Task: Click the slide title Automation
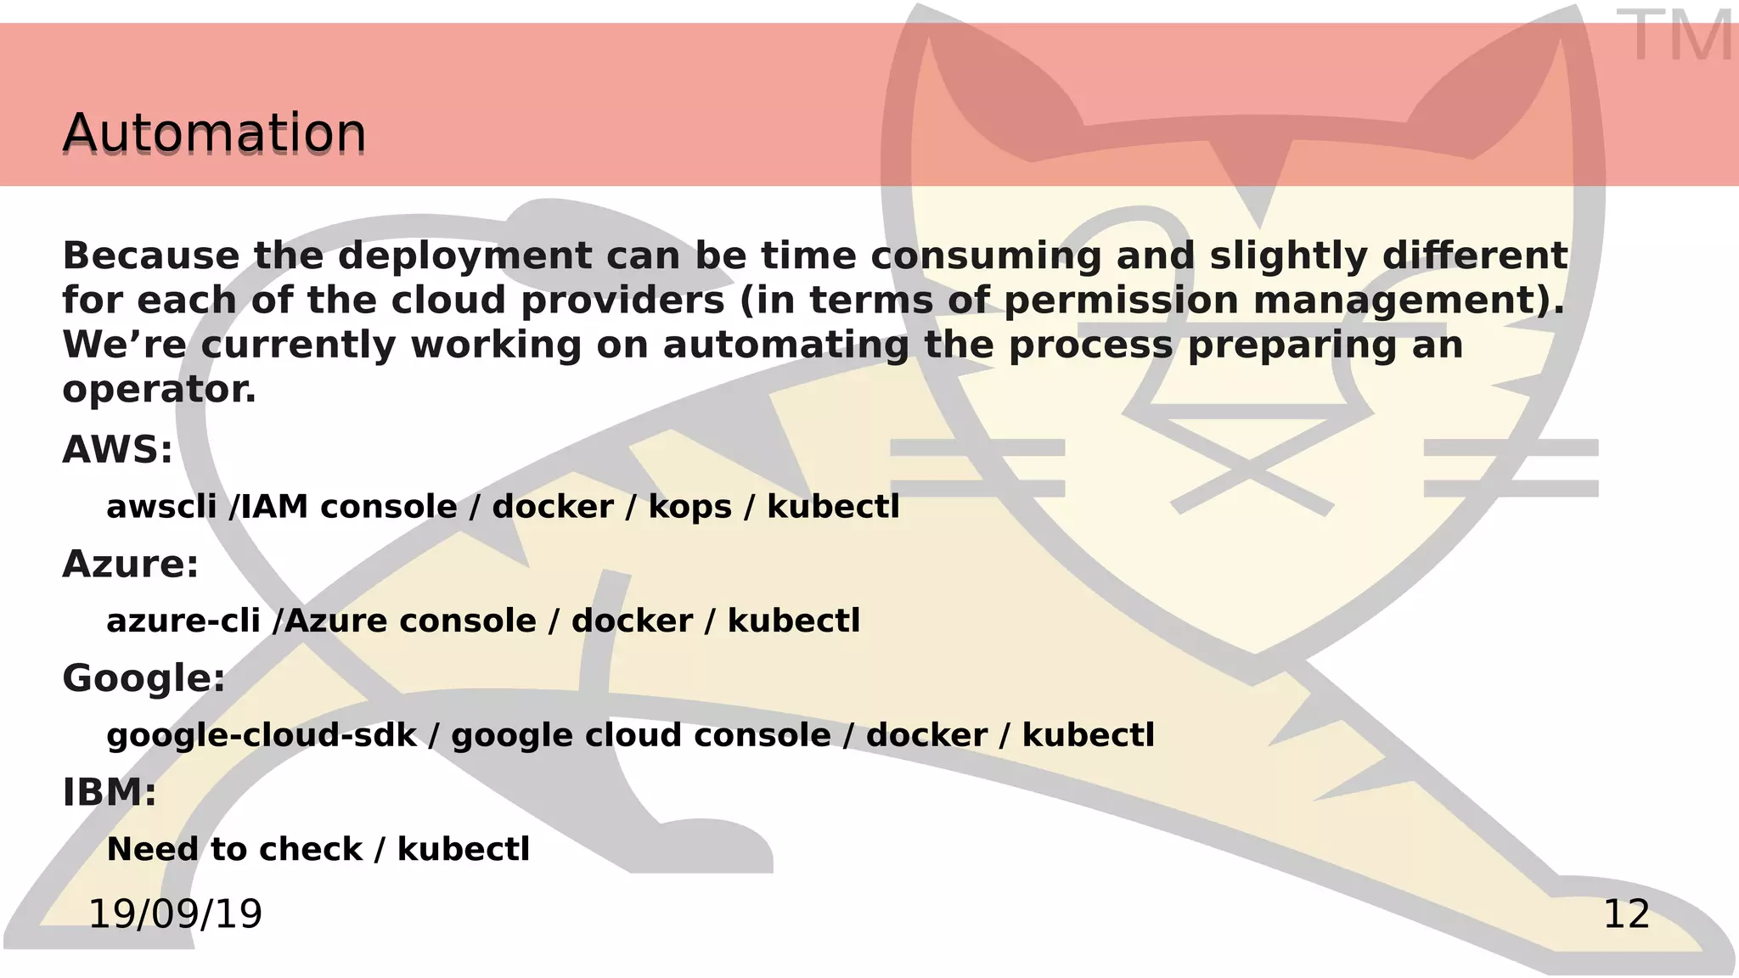tap(214, 133)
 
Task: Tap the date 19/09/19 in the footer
tap(175, 914)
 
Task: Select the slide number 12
tap(1626, 914)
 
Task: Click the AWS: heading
tap(117, 450)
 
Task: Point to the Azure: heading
tap(130, 564)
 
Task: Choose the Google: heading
tap(144, 678)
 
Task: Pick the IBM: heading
tap(110, 792)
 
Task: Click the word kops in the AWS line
tap(689, 507)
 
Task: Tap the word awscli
tap(161, 507)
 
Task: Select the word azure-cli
tap(183, 621)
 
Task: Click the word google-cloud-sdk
tap(262, 735)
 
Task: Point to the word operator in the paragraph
tap(158, 390)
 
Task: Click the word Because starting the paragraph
tap(151, 256)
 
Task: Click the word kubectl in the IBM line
tap(464, 849)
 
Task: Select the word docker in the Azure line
tap(632, 621)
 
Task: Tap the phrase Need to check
tap(234, 849)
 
